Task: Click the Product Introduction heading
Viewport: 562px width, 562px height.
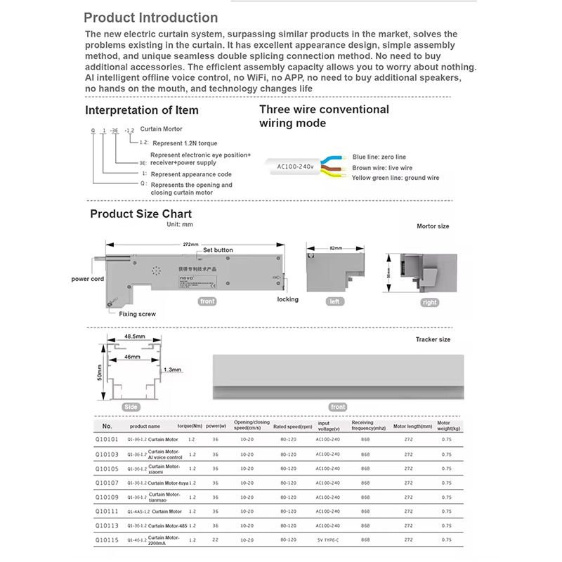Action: pos(150,18)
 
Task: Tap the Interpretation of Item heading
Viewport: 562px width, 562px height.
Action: pos(142,110)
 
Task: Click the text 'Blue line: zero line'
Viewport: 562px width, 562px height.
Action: pos(379,157)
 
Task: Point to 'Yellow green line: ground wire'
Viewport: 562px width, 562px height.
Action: pos(396,178)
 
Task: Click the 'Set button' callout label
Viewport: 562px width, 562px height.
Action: pos(218,250)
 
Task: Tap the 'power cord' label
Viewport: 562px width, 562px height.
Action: pos(88,279)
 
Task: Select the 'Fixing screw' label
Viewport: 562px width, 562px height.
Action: pos(138,314)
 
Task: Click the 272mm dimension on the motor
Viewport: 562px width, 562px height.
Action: pos(190,244)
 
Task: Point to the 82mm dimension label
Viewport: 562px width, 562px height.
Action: pos(336,248)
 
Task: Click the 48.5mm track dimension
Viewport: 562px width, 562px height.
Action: pos(135,336)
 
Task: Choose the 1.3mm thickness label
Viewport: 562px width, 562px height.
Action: pos(172,370)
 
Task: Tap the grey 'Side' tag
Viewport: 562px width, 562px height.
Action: pos(131,407)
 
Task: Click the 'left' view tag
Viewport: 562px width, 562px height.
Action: pos(336,301)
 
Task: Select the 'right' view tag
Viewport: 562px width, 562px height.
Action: pos(429,303)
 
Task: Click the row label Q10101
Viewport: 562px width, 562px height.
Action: pos(107,440)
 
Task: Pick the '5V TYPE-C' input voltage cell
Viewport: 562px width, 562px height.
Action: pos(328,540)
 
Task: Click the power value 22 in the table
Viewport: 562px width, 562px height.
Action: pos(215,540)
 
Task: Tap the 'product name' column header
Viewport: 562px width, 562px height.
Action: pos(145,426)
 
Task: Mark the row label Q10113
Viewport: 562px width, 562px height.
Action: pos(107,525)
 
